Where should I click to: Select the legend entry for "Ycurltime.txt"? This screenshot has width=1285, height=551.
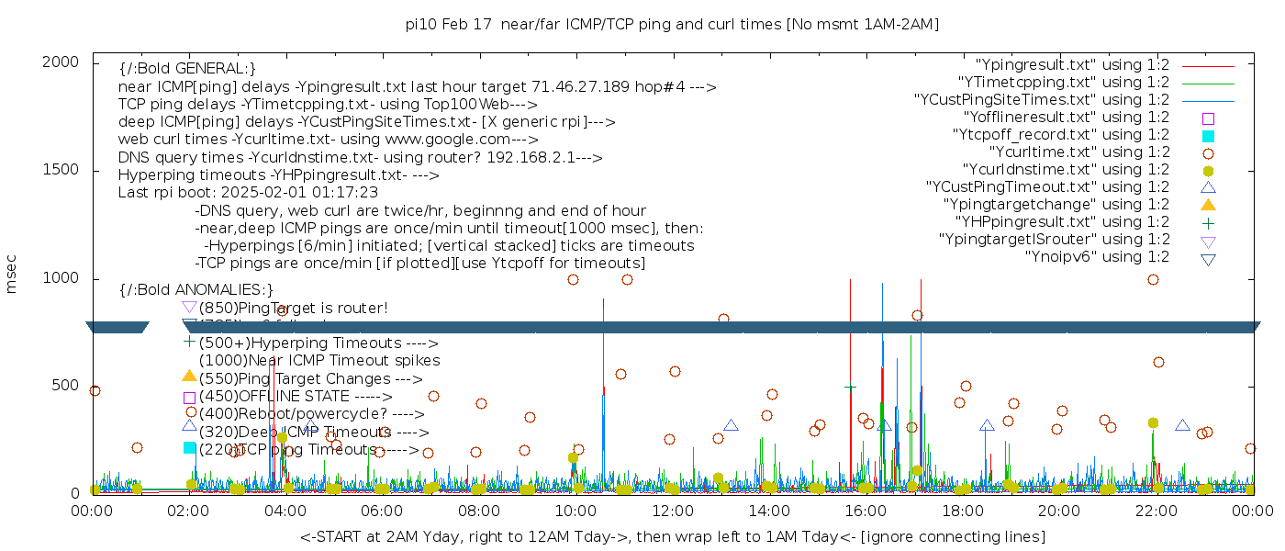tap(1078, 152)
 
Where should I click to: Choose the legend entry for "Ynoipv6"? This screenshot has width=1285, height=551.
tap(1097, 257)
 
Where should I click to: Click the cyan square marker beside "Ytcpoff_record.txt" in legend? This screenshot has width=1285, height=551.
tap(1208, 136)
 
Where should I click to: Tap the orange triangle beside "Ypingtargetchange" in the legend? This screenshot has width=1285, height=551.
tap(1208, 205)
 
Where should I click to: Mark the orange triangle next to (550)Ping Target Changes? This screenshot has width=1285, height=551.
tap(189, 376)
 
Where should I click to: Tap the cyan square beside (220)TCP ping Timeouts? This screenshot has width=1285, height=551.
tap(189, 447)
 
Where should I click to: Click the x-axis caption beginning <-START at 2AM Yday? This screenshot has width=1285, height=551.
tap(672, 536)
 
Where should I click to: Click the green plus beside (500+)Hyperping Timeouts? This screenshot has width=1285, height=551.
tap(189, 342)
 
